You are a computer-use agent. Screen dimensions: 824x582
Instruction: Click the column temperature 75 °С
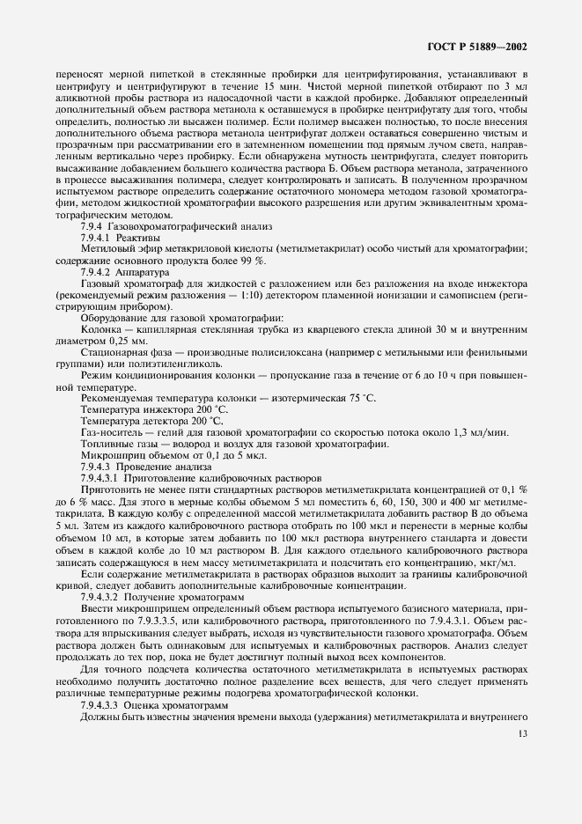(357, 423)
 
